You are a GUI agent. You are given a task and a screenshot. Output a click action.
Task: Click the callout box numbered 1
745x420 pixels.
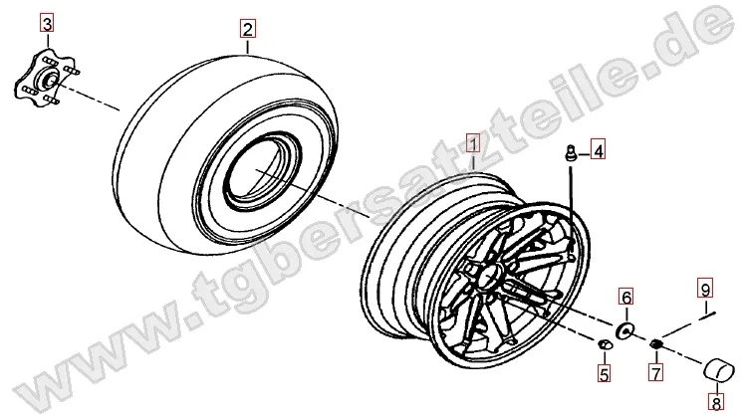pyautogui.click(x=473, y=143)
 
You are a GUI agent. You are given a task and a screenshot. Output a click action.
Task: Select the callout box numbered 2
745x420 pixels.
pyautogui.click(x=247, y=30)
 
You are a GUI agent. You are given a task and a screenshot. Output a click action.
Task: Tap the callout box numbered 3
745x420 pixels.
pyautogui.click(x=47, y=23)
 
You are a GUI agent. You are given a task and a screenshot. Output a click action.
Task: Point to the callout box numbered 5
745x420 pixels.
pyautogui.click(x=604, y=374)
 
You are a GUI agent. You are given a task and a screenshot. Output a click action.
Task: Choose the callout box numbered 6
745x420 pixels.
pyautogui.click(x=626, y=297)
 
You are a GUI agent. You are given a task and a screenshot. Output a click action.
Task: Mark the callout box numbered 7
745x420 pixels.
pyautogui.click(x=655, y=372)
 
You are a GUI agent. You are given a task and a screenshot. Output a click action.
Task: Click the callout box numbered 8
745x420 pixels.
pyautogui.click(x=715, y=403)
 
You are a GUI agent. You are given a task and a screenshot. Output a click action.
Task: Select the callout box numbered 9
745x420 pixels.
pyautogui.click(x=705, y=288)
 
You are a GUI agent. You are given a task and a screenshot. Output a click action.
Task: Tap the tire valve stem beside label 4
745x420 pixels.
pyautogui.click(x=569, y=154)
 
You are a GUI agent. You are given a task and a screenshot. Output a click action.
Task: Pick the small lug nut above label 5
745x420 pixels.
pyautogui.click(x=604, y=345)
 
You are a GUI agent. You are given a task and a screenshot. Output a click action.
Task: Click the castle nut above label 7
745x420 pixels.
pyautogui.click(x=655, y=343)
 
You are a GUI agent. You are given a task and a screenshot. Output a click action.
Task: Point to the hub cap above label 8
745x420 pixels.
pyautogui.click(x=718, y=370)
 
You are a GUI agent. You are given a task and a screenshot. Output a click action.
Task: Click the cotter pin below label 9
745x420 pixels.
pyautogui.click(x=707, y=315)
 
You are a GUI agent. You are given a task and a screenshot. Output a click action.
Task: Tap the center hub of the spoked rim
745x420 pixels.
pyautogui.click(x=489, y=276)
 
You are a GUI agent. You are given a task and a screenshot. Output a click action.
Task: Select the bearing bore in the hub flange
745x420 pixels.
pyautogui.click(x=50, y=77)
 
